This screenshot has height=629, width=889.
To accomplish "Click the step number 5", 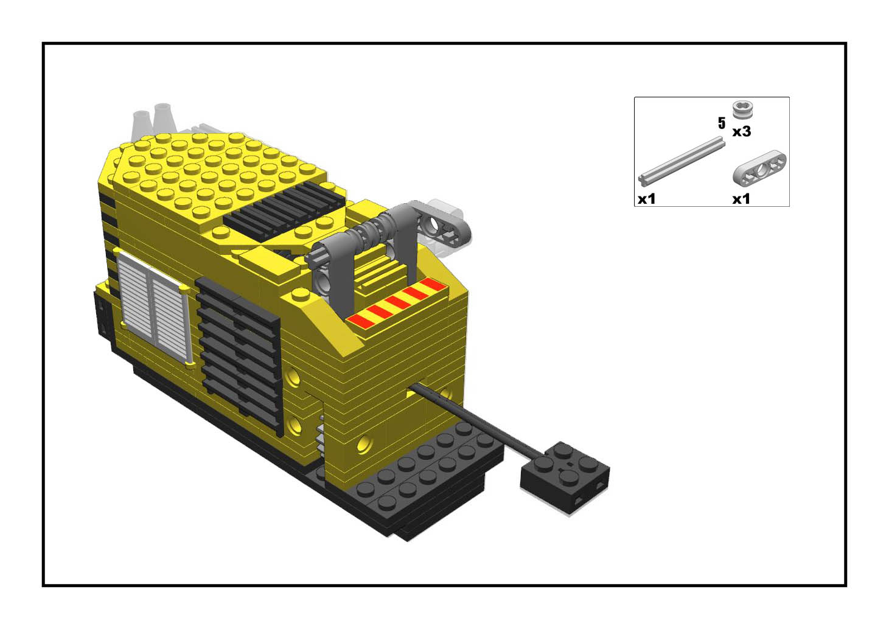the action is tap(722, 123).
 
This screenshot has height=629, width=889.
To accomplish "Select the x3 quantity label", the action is tap(741, 131).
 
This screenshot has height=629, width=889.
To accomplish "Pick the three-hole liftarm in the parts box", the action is tap(759, 169).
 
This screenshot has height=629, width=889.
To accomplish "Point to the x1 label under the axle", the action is tap(646, 199).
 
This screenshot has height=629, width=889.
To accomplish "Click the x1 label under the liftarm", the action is tap(741, 199).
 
